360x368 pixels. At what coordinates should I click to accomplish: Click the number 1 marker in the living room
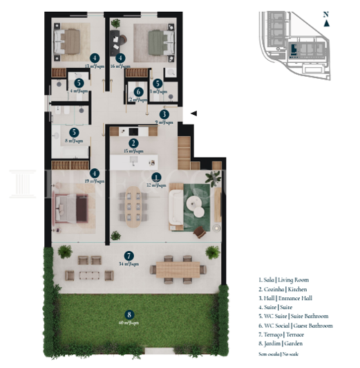pyautogui.click(x=156, y=177)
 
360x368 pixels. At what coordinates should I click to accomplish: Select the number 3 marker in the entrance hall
pyautogui.click(x=164, y=114)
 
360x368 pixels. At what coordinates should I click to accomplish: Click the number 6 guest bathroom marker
pyautogui.click(x=139, y=91)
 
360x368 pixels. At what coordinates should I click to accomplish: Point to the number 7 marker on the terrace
pyautogui.click(x=129, y=255)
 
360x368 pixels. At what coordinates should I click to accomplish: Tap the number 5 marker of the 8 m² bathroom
pyautogui.click(x=74, y=132)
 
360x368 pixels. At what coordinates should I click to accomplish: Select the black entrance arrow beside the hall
pyautogui.click(x=194, y=113)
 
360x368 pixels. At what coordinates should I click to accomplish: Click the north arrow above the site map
pyautogui.click(x=326, y=22)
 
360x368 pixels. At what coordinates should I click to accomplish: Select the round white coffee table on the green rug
pyautogui.click(x=193, y=205)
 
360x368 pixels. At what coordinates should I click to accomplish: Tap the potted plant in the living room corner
pyautogui.click(x=216, y=177)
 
